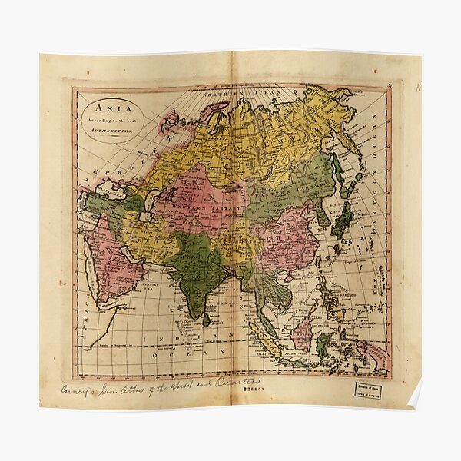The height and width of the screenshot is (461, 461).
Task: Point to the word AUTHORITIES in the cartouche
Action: pyautogui.click(x=112, y=131)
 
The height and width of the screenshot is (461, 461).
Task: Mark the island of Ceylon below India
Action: pyautogui.click(x=206, y=319)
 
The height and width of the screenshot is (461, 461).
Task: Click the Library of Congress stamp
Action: pyautogui.click(x=373, y=389)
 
